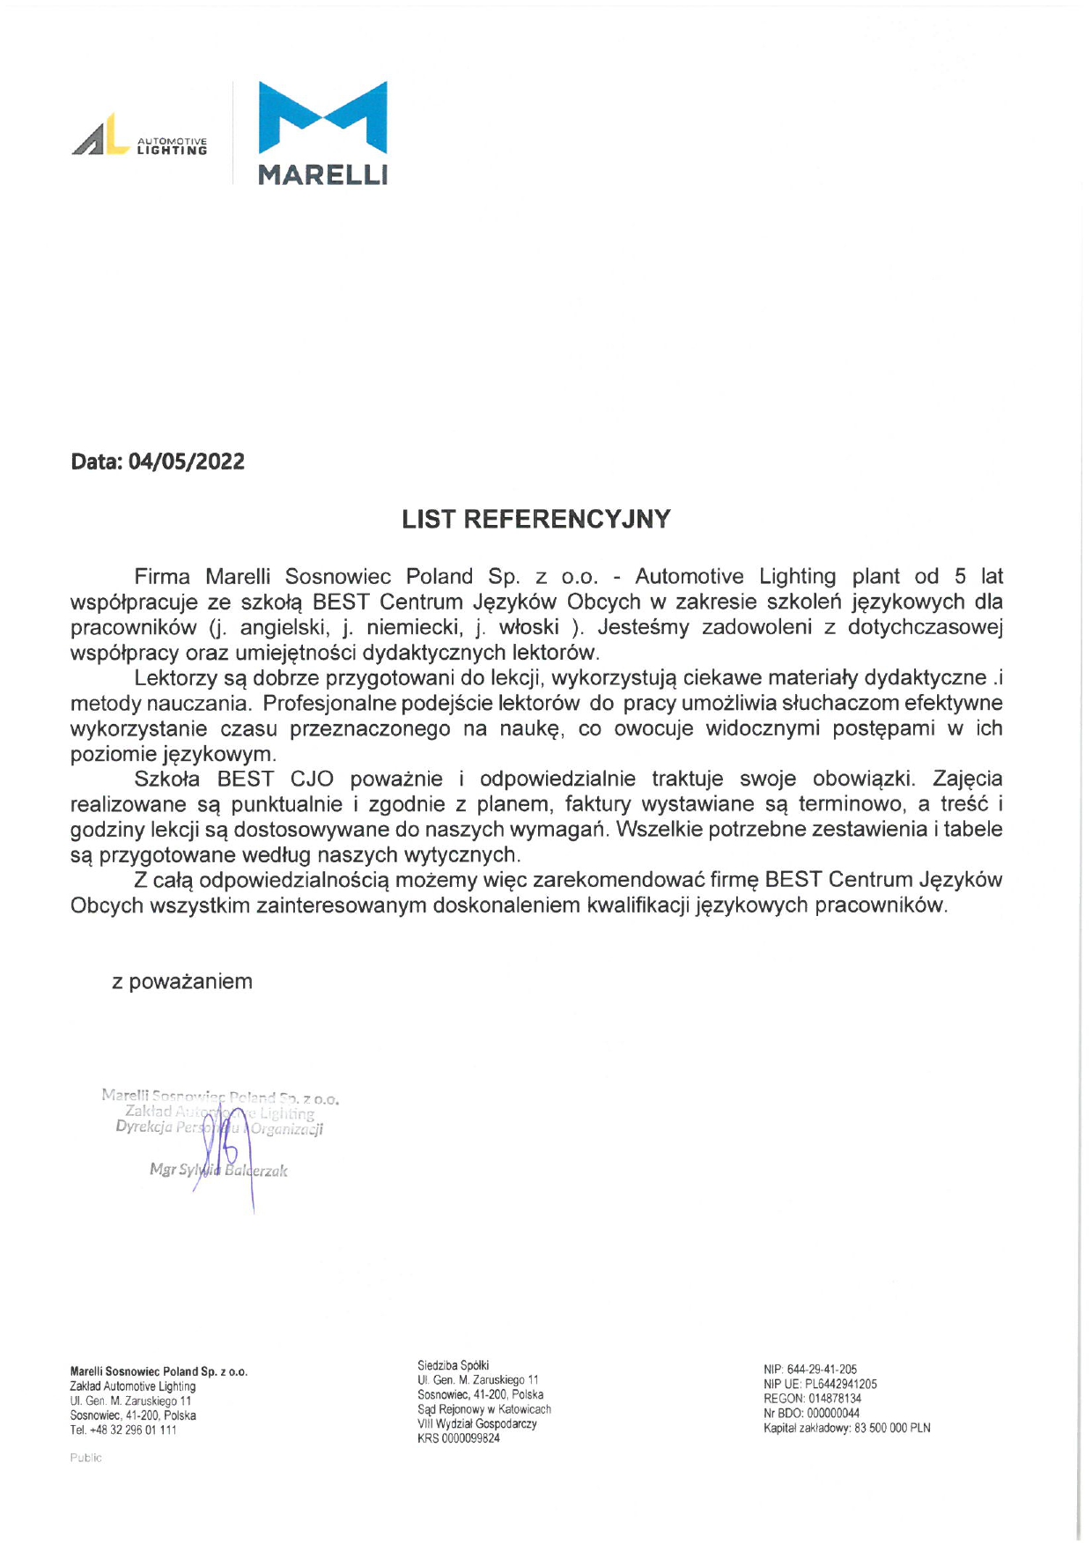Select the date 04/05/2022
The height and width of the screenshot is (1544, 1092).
(x=186, y=462)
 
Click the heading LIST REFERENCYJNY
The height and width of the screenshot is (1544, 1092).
(x=535, y=519)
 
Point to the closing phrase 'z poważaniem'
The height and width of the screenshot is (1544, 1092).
(x=181, y=981)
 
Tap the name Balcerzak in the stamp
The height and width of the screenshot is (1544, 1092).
(x=256, y=1171)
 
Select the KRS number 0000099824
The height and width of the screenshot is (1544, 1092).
(x=470, y=1438)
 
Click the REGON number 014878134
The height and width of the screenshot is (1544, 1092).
(x=834, y=1398)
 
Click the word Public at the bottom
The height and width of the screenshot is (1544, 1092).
(x=86, y=1458)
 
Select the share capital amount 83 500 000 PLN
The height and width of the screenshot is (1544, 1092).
(x=892, y=1428)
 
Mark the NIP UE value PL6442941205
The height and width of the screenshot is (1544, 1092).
(x=841, y=1384)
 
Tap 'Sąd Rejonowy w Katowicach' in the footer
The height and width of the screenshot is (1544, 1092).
(x=483, y=1409)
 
